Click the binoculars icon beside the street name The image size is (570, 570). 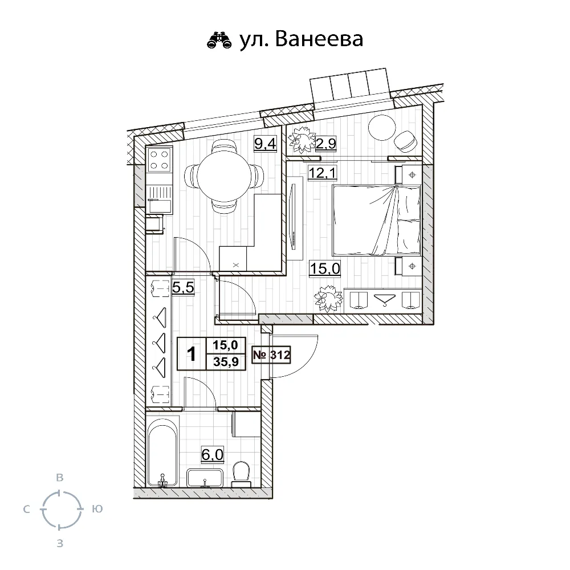[219, 40]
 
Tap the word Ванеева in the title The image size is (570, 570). [319, 39]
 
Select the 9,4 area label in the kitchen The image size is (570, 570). [265, 144]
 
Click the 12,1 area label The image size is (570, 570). [322, 173]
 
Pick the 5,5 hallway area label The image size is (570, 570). [183, 287]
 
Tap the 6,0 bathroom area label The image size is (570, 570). [212, 454]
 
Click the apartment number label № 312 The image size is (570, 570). [271, 355]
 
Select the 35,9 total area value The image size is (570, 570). [226, 362]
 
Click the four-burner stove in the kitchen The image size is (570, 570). [159, 160]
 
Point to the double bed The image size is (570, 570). [377, 220]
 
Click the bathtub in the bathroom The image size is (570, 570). [162, 451]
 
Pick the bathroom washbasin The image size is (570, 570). [205, 478]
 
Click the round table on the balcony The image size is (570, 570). [382, 128]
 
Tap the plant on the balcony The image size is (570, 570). [302, 142]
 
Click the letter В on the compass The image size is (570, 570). [60, 478]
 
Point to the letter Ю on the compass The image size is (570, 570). [97, 509]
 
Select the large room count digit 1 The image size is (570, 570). [191, 354]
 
